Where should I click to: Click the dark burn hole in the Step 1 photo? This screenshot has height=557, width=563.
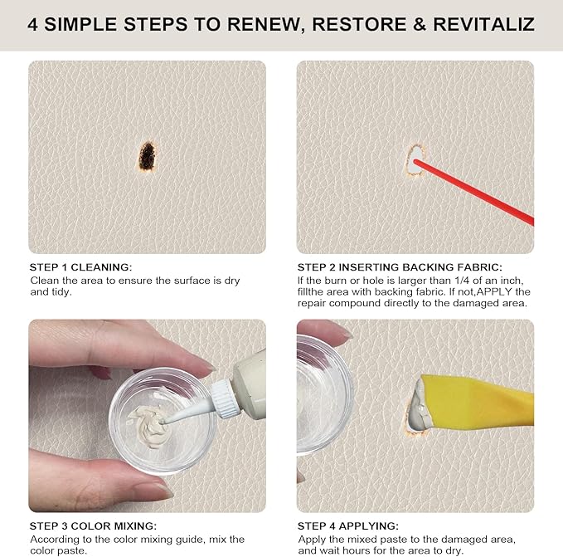(x=148, y=155)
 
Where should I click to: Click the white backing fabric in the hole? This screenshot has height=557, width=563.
(x=415, y=157)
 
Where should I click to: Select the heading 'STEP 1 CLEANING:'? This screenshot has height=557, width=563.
(x=80, y=267)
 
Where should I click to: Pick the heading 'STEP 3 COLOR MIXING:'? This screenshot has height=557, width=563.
(x=93, y=526)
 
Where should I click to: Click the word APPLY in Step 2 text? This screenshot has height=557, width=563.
(x=498, y=292)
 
